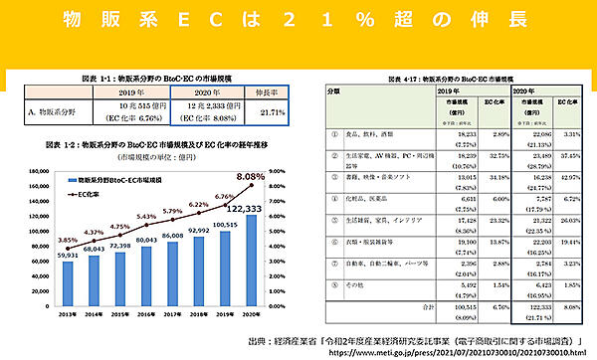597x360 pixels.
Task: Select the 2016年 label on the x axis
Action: (x=146, y=316)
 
